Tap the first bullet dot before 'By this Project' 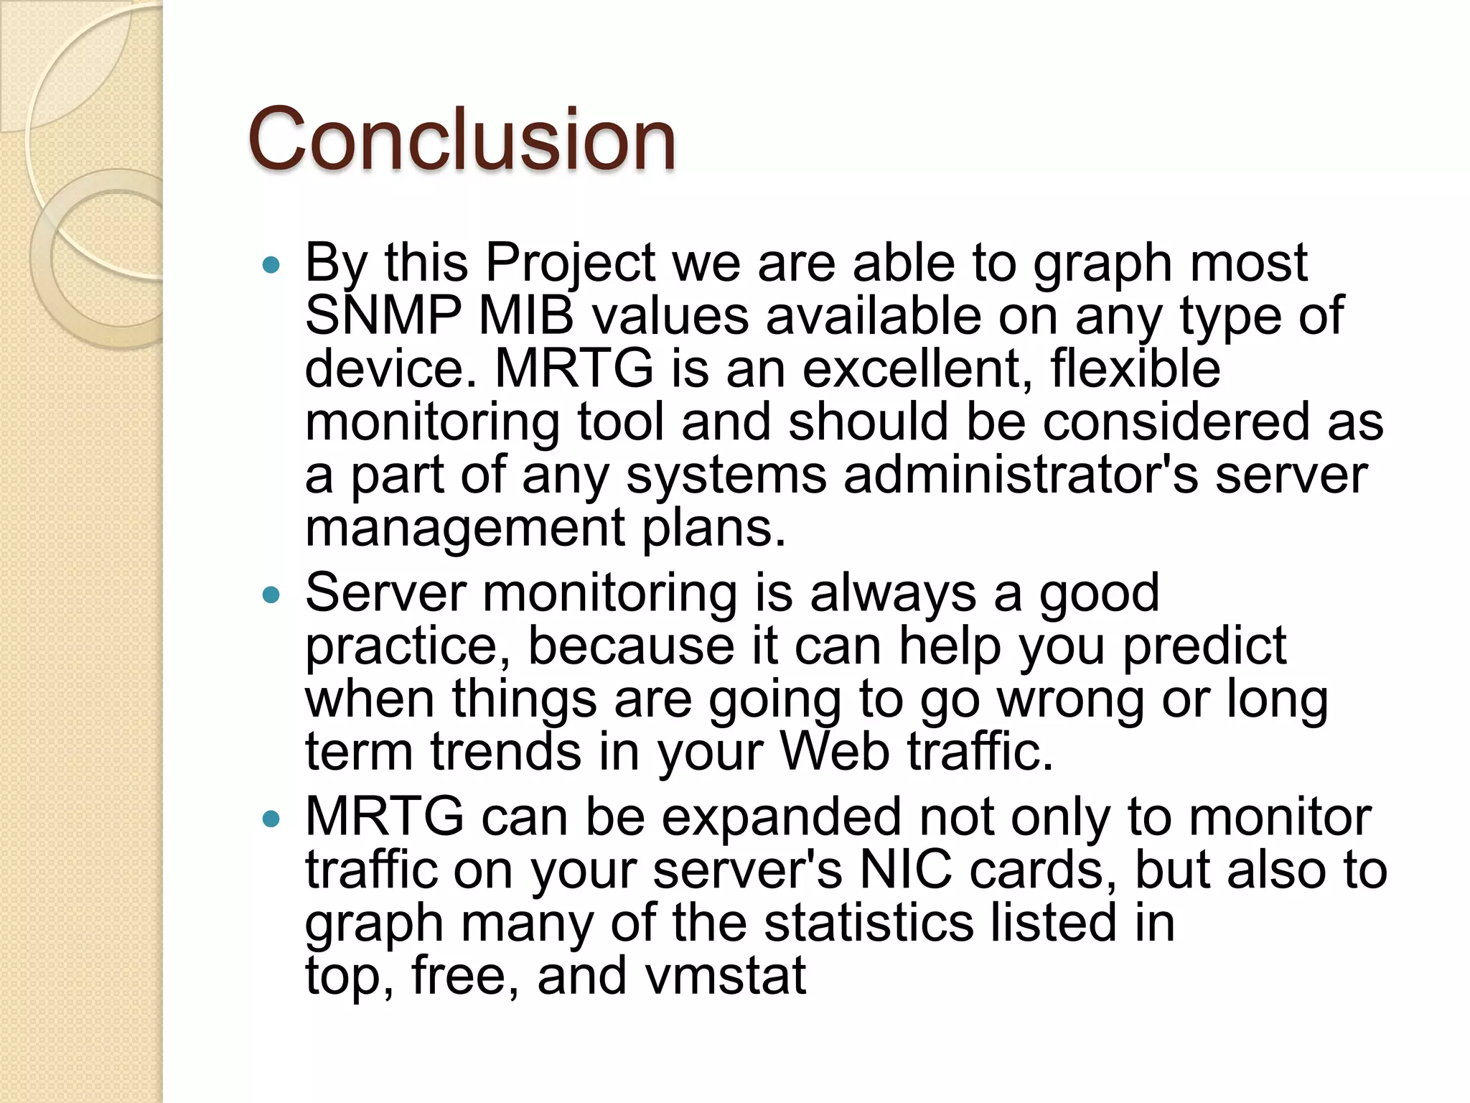coord(271,266)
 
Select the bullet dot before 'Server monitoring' coord(271,595)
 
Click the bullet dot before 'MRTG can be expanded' coord(271,819)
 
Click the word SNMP coord(383,316)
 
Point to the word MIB coord(526,316)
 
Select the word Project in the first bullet coord(571,264)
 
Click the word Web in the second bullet coord(835,752)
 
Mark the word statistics coord(869,923)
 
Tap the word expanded coord(781,818)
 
